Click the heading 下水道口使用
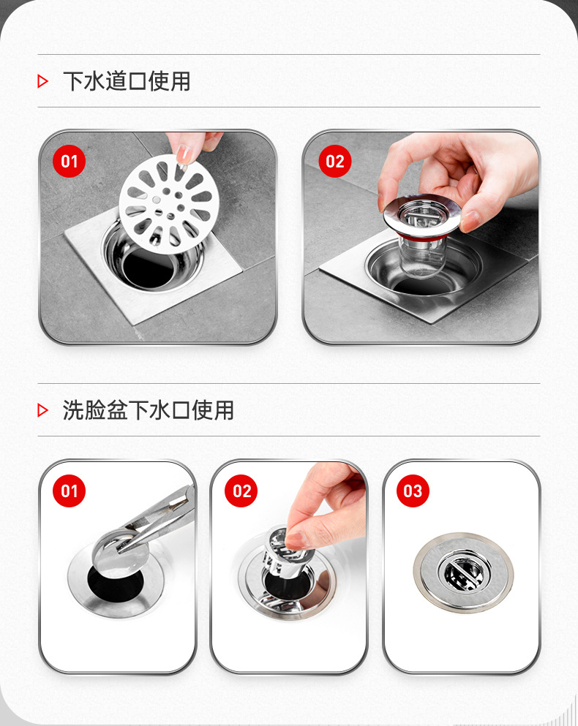[127, 81]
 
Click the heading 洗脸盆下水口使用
[149, 410]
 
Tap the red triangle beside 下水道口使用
[42, 81]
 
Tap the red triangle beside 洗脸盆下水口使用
[42, 410]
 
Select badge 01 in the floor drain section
[69, 161]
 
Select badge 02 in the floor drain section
[334, 161]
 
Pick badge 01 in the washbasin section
[69, 491]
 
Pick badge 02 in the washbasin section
[241, 491]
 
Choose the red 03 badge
[413, 491]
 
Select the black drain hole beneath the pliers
[113, 581]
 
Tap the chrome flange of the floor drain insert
[395, 212]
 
